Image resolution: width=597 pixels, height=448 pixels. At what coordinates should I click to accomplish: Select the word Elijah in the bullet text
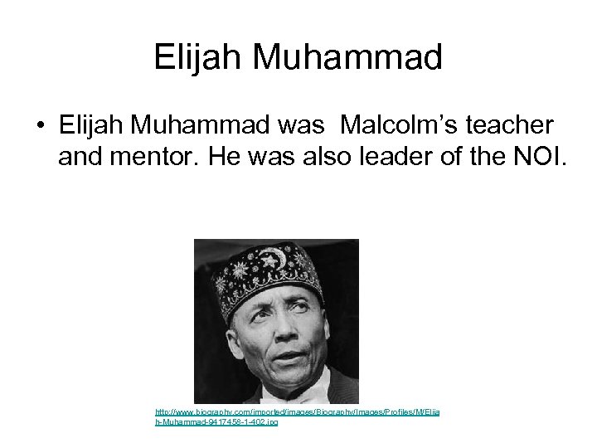point(91,124)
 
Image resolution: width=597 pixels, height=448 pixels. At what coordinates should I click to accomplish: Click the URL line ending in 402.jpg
point(216,422)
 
